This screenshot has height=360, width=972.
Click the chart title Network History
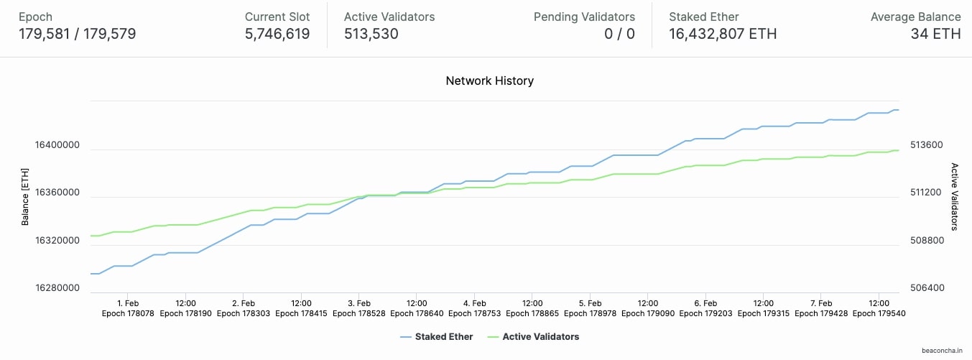pos(489,80)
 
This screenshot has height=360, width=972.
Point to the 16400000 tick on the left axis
pos(57,145)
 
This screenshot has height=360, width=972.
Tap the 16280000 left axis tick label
pos(57,288)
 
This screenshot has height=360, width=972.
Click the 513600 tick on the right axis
pos(923,145)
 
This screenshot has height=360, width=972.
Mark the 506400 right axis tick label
pos(923,288)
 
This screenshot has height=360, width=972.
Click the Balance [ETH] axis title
pos(25,197)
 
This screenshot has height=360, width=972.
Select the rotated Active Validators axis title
pos(955,197)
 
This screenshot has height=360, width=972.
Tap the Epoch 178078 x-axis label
pos(128,313)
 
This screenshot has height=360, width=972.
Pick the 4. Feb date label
pos(474,303)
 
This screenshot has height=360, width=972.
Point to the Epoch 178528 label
pos(358,313)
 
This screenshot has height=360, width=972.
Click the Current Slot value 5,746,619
pos(277,34)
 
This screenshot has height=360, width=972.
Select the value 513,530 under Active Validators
pos(371,34)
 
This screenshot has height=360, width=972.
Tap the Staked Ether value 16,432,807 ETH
pos(722,34)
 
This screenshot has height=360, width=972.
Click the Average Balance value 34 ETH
pos(935,34)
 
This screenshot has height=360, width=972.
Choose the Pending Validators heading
pos(584,17)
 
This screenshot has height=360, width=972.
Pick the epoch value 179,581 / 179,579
pos(78,34)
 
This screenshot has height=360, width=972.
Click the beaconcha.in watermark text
pos(942,351)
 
